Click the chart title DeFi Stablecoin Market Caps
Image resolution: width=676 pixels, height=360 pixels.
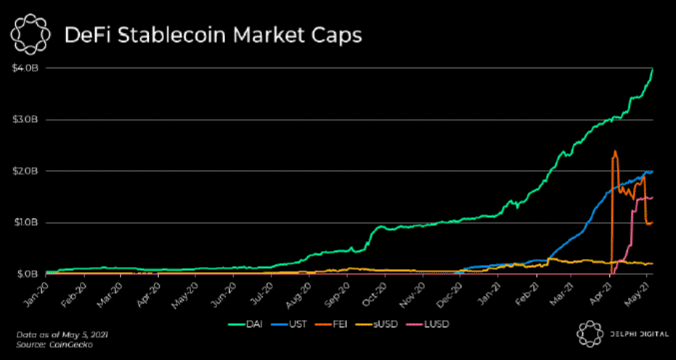[212, 36]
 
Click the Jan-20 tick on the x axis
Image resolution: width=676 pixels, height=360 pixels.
[38, 288]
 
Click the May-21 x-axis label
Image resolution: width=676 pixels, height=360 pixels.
[638, 288]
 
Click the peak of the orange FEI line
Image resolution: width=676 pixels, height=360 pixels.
[615, 152]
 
